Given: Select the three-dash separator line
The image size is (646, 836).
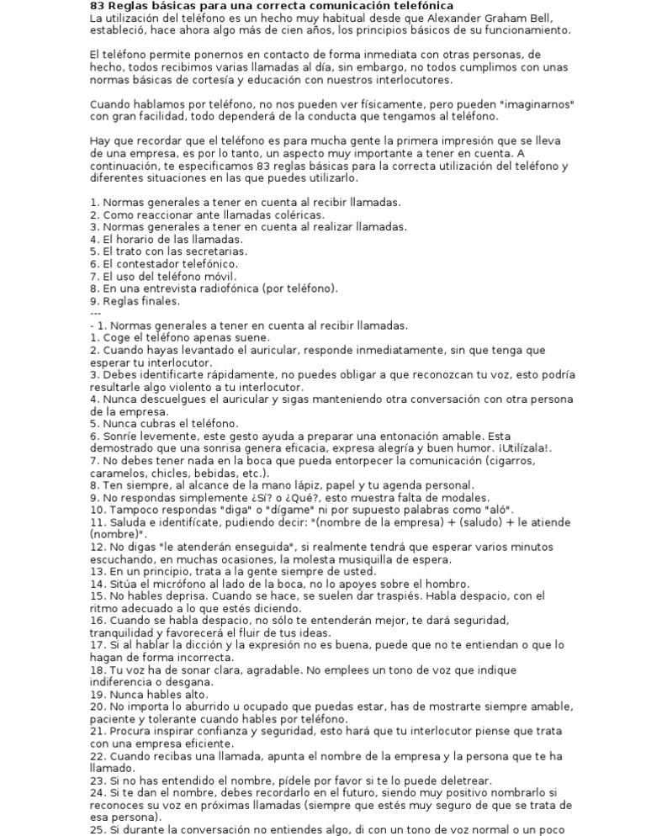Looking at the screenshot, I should pyautogui.click(x=95, y=313).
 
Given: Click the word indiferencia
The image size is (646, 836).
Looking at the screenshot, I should pyautogui.click(x=124, y=682).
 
